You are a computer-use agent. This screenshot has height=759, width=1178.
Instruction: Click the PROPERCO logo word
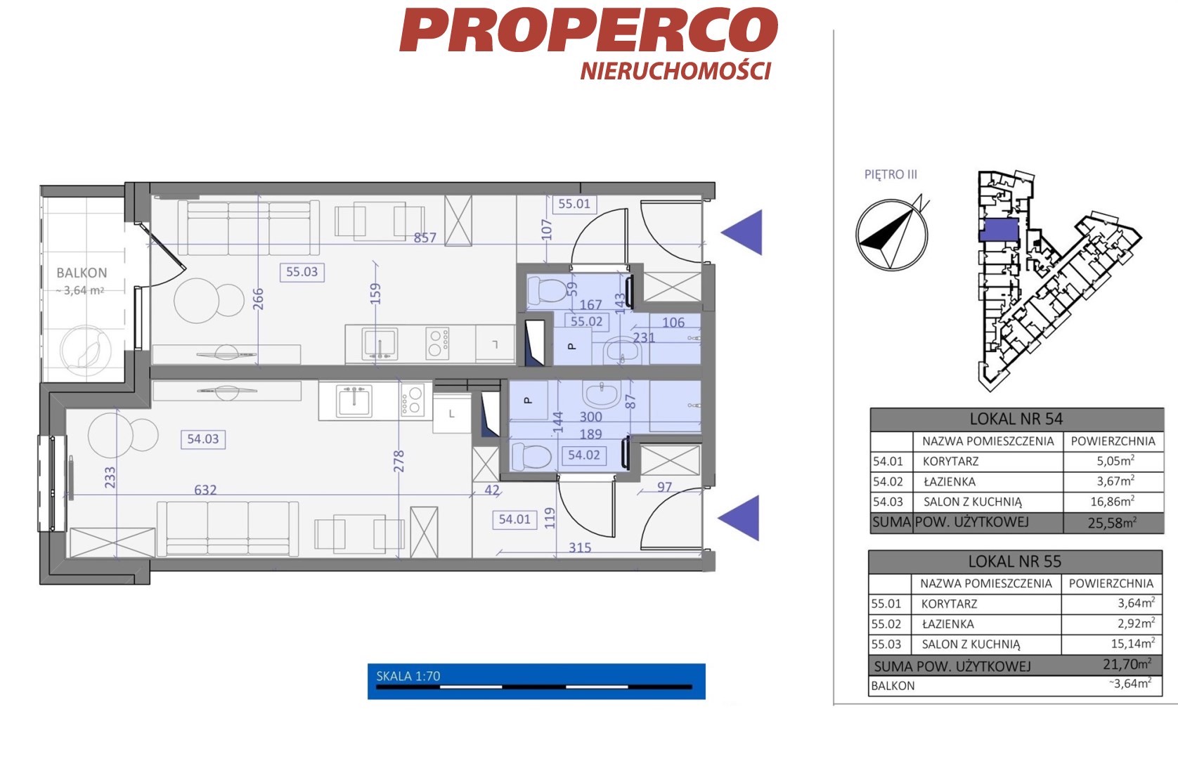click(x=589, y=30)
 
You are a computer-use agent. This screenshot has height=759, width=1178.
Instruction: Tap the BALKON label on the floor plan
click(x=82, y=273)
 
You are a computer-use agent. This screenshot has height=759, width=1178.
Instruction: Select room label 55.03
click(x=302, y=272)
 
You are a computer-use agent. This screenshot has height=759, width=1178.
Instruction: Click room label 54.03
click(x=203, y=439)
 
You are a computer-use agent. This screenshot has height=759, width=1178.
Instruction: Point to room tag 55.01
click(x=574, y=204)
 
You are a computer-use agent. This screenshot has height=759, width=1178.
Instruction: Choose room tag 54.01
click(x=514, y=519)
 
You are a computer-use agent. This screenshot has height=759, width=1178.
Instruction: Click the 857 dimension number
click(x=425, y=238)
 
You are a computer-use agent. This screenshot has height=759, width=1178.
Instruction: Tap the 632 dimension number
click(x=205, y=490)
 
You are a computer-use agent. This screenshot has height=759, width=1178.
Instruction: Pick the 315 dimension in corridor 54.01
click(x=580, y=547)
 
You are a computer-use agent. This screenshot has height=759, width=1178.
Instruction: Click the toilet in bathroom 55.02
click(x=547, y=290)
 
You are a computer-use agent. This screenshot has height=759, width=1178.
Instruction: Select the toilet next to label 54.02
click(x=531, y=455)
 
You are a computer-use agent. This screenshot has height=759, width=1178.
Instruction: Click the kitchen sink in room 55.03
click(x=380, y=344)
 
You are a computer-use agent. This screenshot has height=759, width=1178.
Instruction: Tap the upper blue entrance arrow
click(x=742, y=233)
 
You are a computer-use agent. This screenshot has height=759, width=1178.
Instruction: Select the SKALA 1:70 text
click(x=408, y=676)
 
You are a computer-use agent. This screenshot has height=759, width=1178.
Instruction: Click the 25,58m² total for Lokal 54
click(x=1112, y=523)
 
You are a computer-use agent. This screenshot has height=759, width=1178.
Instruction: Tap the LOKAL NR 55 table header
click(x=1015, y=562)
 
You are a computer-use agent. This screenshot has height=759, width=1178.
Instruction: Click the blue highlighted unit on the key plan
click(x=999, y=230)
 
